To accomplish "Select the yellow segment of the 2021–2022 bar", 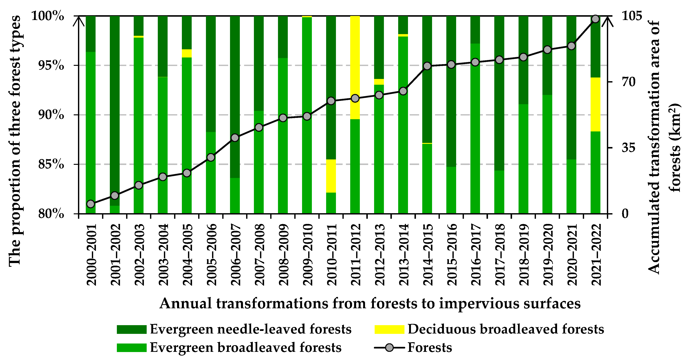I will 595,104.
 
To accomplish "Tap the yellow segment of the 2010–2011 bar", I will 331,176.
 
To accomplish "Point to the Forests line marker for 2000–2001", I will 91,204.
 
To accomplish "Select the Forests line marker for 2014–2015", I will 427,66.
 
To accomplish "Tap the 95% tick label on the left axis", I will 51,65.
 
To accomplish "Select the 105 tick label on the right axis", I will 632,16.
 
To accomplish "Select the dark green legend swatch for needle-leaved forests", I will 132,329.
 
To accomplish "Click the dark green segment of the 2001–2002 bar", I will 115,107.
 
